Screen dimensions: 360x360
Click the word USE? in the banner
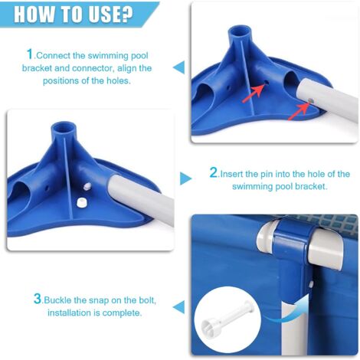point(111,14)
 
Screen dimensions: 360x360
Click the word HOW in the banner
point(31,14)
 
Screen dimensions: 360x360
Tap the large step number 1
point(30,54)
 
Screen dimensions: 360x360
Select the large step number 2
point(214,172)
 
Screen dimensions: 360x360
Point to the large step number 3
point(38,299)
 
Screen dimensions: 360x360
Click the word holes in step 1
point(117,80)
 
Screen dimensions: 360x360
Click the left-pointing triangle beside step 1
point(178,67)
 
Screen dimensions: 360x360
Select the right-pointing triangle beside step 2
point(185,178)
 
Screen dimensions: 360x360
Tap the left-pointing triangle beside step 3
point(178,306)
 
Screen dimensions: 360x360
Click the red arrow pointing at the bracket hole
point(254,93)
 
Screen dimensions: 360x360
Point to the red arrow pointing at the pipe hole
point(299,111)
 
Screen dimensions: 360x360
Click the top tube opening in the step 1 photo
point(240,31)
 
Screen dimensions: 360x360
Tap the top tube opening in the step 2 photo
point(64,128)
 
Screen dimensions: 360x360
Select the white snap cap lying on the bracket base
point(81,202)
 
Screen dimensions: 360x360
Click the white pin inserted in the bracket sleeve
point(87,186)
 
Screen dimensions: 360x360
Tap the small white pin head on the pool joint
point(311,284)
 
